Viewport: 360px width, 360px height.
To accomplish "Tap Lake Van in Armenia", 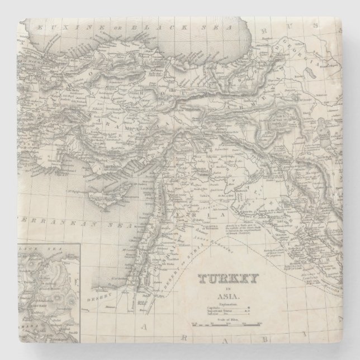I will pos(279,121).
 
